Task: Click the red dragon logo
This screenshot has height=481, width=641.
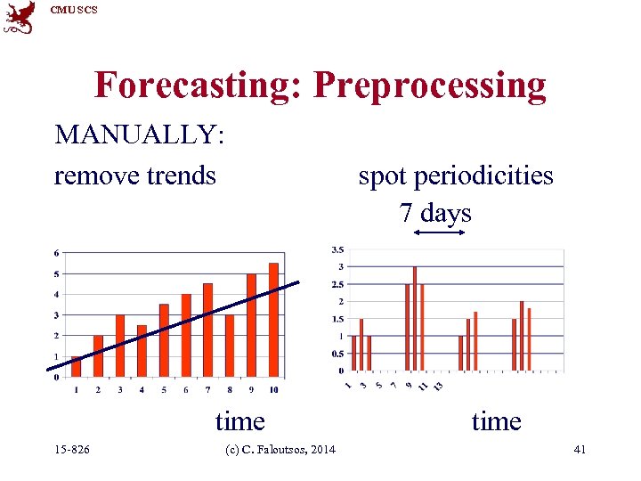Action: [19, 17]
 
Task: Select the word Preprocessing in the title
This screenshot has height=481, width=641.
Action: [430, 86]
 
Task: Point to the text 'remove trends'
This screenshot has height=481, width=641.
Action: [135, 175]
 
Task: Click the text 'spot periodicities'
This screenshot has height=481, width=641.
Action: [456, 175]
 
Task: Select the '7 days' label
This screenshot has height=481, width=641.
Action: [435, 213]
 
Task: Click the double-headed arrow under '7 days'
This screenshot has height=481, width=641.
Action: [440, 232]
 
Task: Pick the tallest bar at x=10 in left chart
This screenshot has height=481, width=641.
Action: [273, 320]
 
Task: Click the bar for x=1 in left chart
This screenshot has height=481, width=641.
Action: [77, 366]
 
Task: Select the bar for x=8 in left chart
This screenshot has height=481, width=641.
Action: [230, 346]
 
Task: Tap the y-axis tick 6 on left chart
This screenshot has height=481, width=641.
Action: [57, 253]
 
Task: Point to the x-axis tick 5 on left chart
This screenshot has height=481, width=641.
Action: [164, 389]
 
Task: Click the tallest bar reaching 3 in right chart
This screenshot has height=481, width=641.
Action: [415, 318]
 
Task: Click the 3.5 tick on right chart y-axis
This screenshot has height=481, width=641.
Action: [338, 249]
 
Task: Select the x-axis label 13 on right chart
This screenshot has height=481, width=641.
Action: [438, 385]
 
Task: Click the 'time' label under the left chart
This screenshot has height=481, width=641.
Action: [239, 420]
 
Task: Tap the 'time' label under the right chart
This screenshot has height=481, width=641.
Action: [496, 420]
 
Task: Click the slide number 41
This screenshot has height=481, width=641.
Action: [580, 450]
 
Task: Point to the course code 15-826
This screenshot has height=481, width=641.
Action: [71, 450]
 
